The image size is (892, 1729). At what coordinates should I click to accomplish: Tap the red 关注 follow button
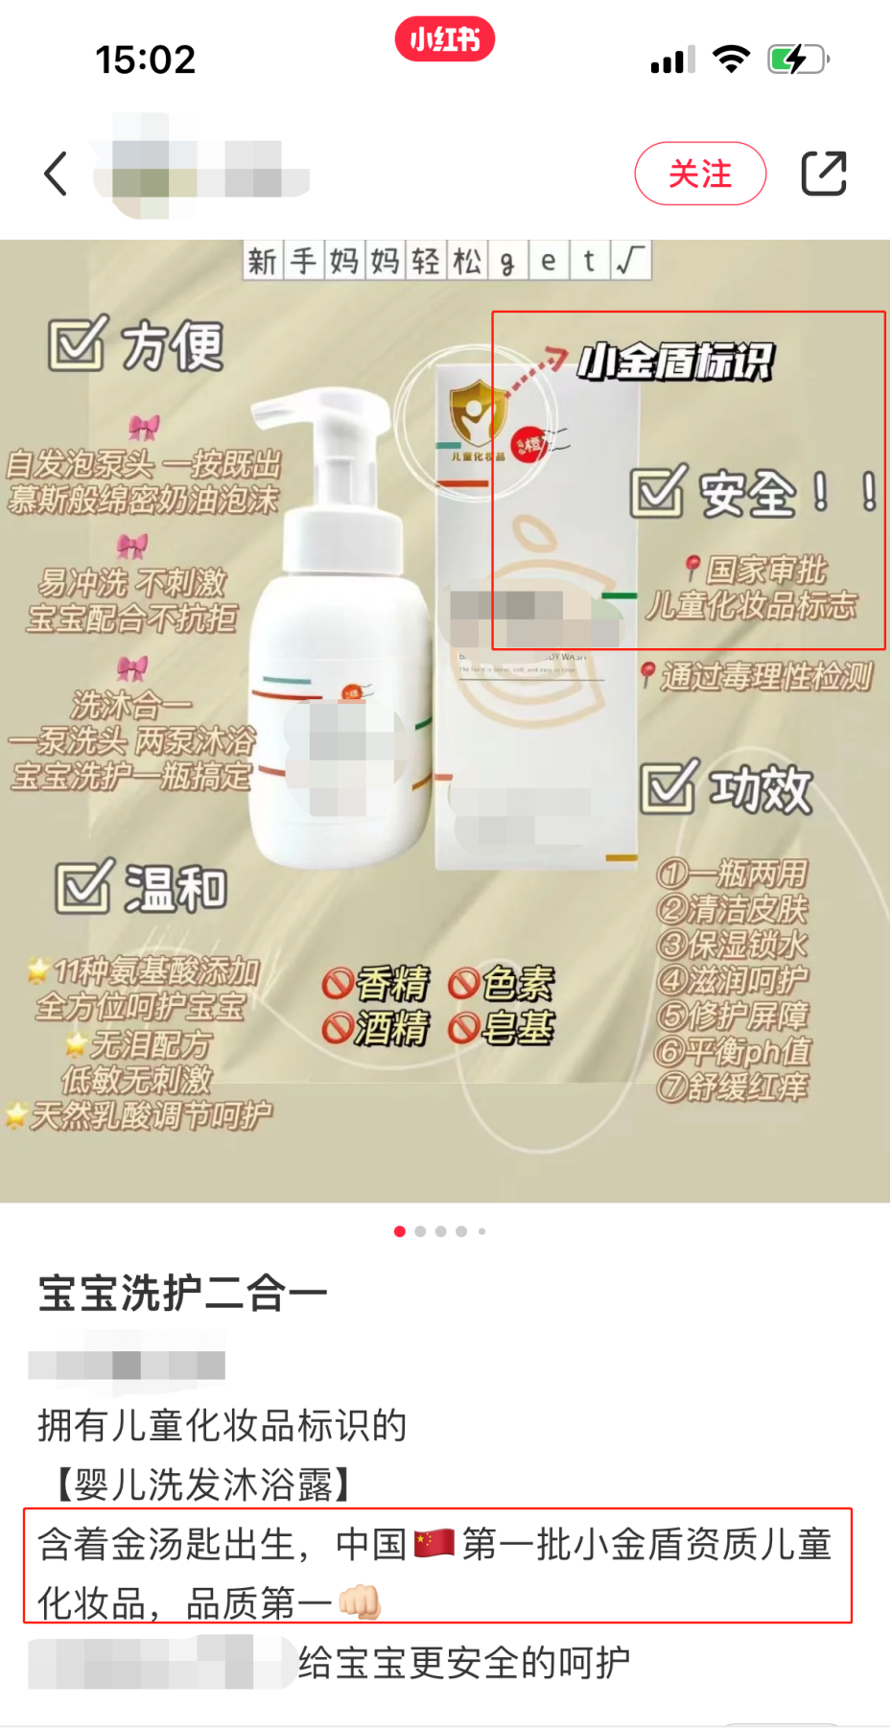pos(699,174)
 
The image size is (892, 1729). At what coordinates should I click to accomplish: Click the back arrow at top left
pos(57,174)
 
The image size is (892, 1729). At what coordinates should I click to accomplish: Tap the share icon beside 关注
pos(823,174)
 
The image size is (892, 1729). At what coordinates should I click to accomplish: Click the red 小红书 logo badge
pos(444,39)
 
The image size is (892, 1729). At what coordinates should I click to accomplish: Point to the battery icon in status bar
pos(797,59)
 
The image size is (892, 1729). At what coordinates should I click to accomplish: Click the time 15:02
pos(145,60)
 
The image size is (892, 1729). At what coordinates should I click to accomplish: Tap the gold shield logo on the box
pos(477,411)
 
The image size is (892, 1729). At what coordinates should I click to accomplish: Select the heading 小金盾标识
pos(674,362)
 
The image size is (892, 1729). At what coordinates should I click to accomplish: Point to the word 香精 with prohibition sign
pos(377,983)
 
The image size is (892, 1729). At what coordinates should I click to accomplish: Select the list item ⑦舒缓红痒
pos(733,1086)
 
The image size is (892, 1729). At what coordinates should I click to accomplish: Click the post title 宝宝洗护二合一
pos(182,1293)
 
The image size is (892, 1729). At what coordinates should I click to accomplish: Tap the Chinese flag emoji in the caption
pos(434,1543)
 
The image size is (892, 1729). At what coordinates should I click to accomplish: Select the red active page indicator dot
pos(399,1231)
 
